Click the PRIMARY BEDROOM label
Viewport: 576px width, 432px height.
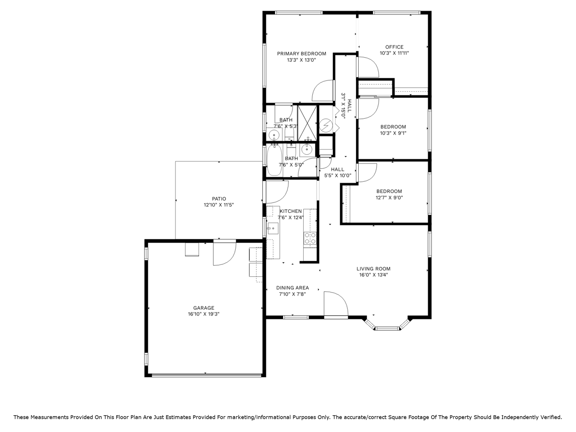(x=301, y=54)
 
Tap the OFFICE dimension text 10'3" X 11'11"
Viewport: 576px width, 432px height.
(x=394, y=53)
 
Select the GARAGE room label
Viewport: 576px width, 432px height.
(x=204, y=308)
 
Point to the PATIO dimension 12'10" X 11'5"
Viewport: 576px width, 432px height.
(x=219, y=205)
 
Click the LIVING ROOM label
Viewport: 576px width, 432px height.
(x=373, y=269)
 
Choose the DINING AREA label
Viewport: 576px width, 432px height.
(x=292, y=288)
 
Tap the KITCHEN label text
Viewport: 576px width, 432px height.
(x=291, y=211)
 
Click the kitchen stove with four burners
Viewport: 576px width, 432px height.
(x=310, y=238)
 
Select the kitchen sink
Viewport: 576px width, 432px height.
(x=273, y=228)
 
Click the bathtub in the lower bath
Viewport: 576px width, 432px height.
(x=274, y=160)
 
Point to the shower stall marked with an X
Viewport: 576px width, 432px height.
(x=307, y=123)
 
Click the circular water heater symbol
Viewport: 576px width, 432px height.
(x=326, y=126)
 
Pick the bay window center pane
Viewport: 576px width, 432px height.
(x=387, y=328)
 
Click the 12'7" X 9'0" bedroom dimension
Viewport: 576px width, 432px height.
(x=389, y=198)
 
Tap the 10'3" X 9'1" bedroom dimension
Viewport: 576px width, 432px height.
(x=393, y=133)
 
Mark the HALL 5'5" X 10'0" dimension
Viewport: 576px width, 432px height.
(x=338, y=176)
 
